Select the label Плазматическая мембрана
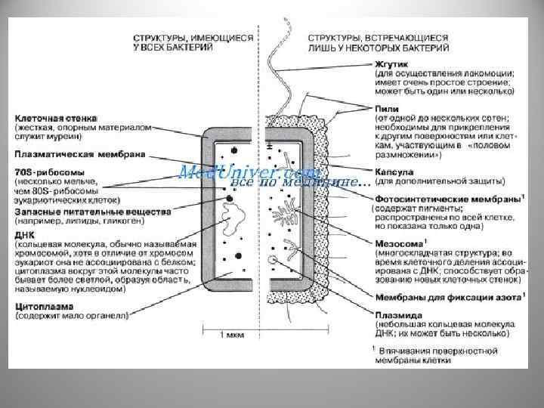tap(69, 154)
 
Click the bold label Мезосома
tap(397, 243)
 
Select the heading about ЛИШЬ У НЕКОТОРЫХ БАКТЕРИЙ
tap(377, 41)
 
